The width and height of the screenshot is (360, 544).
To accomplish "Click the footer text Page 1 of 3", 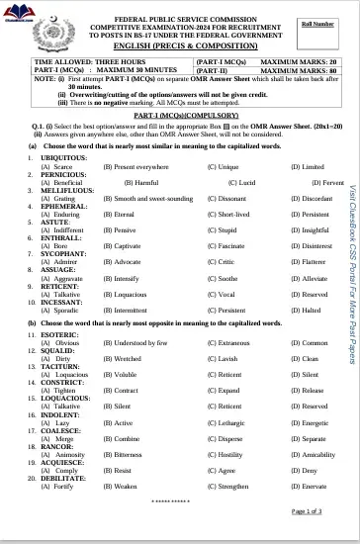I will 307,510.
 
